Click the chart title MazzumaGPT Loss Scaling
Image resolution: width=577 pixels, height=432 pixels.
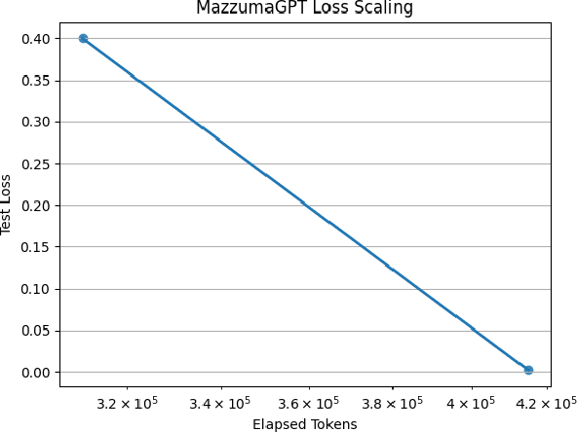point(304,9)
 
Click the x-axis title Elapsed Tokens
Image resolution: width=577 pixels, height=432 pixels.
point(304,424)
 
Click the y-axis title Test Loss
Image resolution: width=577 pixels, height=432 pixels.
point(8,205)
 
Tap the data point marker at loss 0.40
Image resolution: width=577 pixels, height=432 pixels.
point(83,39)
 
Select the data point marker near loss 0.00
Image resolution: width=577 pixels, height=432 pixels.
point(528,370)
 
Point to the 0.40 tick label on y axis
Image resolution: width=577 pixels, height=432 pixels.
point(39,39)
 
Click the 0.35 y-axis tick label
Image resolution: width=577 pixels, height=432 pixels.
point(39,81)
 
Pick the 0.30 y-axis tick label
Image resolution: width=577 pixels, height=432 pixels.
point(39,123)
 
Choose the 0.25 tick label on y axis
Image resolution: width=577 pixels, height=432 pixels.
point(39,163)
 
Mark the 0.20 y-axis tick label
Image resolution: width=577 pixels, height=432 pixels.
point(39,205)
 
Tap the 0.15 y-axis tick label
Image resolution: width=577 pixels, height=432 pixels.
point(39,247)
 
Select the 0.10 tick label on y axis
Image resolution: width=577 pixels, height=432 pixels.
point(39,289)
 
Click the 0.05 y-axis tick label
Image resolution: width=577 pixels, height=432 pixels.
point(39,331)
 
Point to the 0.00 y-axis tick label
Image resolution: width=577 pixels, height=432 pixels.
point(39,373)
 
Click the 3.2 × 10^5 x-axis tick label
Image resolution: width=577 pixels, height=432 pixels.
point(129,402)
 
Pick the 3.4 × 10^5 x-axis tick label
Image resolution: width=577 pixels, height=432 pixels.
point(220,402)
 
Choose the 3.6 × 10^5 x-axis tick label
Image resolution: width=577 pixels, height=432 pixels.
point(309,402)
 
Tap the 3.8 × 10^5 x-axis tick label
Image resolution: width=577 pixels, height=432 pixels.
point(393,402)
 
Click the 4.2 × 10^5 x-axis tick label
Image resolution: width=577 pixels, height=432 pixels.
point(546,402)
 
